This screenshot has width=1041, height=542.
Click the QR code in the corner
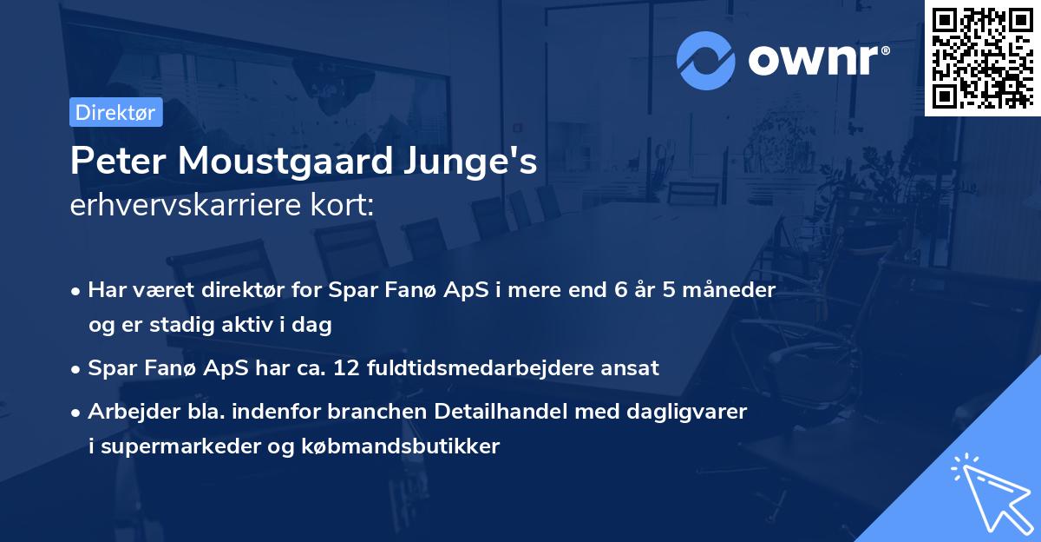click(982, 57)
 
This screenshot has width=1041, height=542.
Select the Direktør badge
click(115, 112)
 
